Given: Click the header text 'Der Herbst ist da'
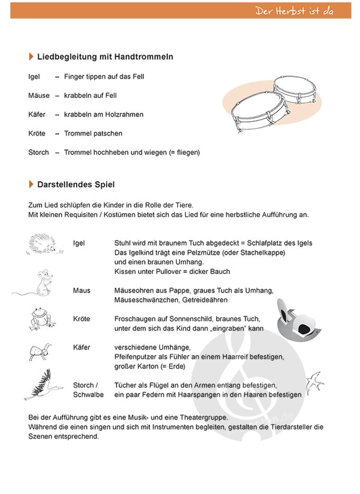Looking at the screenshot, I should pyautogui.click(x=294, y=11).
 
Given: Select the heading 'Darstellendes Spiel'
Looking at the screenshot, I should pyautogui.click(x=76, y=185).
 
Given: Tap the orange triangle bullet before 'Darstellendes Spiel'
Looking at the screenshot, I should pyautogui.click(x=31, y=184).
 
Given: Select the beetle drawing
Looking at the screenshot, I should pyautogui.click(x=39, y=350).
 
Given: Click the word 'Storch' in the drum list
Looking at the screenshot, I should pyautogui.click(x=39, y=152).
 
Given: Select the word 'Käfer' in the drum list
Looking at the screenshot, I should pyautogui.click(x=37, y=114).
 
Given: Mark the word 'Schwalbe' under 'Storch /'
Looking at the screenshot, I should pyautogui.click(x=88, y=395).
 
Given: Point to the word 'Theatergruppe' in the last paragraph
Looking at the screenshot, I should pyautogui.click(x=202, y=417).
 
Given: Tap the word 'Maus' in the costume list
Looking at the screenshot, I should pyautogui.click(x=82, y=290).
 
